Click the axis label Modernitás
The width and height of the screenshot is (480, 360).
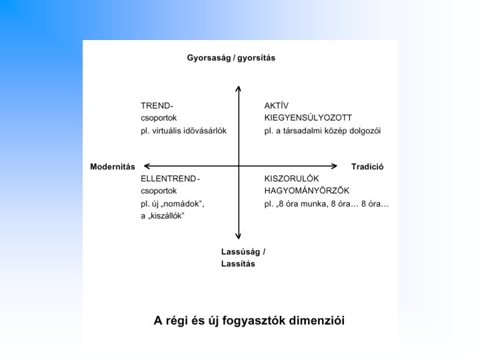(x=113, y=166)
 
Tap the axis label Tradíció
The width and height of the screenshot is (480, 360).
(x=367, y=166)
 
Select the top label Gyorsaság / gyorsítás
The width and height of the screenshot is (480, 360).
(x=231, y=58)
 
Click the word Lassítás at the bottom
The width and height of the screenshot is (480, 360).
(x=238, y=263)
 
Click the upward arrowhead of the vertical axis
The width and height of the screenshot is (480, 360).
(x=238, y=87)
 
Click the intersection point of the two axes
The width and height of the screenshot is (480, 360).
(x=238, y=166)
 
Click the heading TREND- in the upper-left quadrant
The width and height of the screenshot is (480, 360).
(x=157, y=105)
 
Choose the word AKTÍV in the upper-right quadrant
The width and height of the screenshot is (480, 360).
(x=276, y=105)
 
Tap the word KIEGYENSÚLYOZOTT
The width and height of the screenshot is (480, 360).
(x=308, y=117)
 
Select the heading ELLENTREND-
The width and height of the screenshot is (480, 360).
(x=170, y=179)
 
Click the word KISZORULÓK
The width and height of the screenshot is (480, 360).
(x=292, y=179)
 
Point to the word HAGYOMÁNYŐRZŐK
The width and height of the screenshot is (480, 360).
(x=307, y=191)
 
